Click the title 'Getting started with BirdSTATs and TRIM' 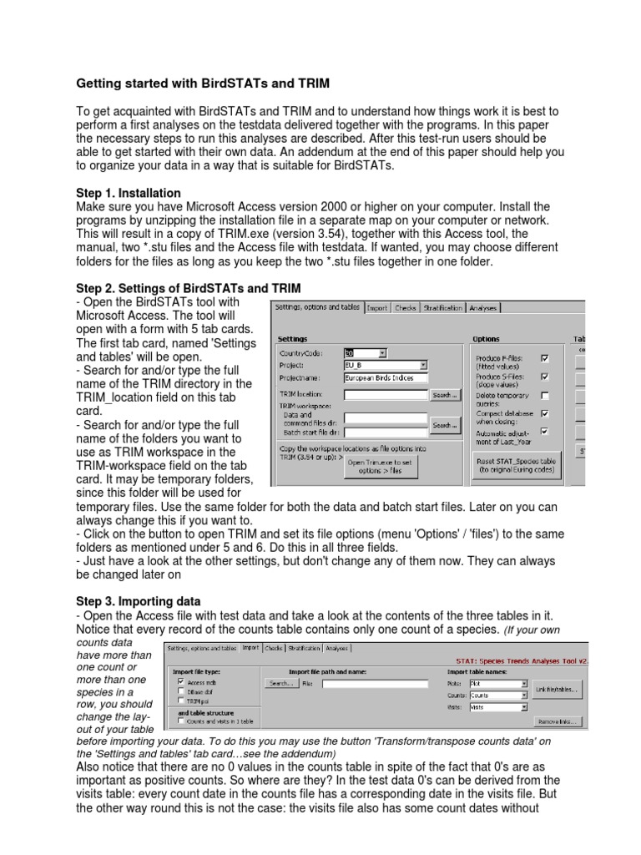pos(203,83)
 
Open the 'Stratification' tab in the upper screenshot pos(443,308)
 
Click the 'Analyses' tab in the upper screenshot pos(483,308)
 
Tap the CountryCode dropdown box pos(365,353)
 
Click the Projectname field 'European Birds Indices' pos(385,377)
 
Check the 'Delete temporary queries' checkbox pos(545,395)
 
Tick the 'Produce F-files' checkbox pos(545,358)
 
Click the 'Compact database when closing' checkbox pos(545,412)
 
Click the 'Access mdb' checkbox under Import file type pos(181,681)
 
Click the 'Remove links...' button pos(558,721)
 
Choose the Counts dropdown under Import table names pos(498,695)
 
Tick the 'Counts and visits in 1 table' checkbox pos(181,721)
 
